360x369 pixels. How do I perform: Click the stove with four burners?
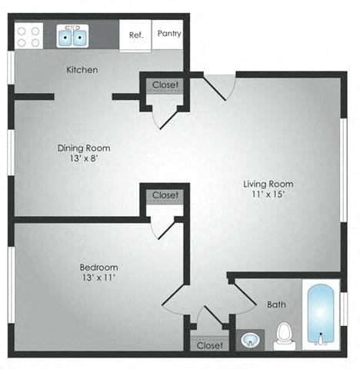pos(29,35)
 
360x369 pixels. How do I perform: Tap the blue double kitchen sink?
pos(75,35)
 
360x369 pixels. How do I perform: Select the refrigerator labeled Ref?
pos(136,35)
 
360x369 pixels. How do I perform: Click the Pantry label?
pos(168,34)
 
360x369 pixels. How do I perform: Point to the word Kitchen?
pos(82,70)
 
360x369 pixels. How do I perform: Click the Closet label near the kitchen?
pos(165,84)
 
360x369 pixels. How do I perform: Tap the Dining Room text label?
pos(84,148)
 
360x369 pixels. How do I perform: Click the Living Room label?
pos(268,184)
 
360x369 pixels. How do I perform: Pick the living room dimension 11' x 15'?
pos(268,195)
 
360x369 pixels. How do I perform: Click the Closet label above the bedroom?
pos(165,195)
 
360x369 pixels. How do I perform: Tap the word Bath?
pos(276,304)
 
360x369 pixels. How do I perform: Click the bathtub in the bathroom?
pos(320,316)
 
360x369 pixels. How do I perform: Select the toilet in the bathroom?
pos(285,334)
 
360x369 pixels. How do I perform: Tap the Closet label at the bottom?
pos(209,345)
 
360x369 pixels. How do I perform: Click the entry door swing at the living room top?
pos(218,86)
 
